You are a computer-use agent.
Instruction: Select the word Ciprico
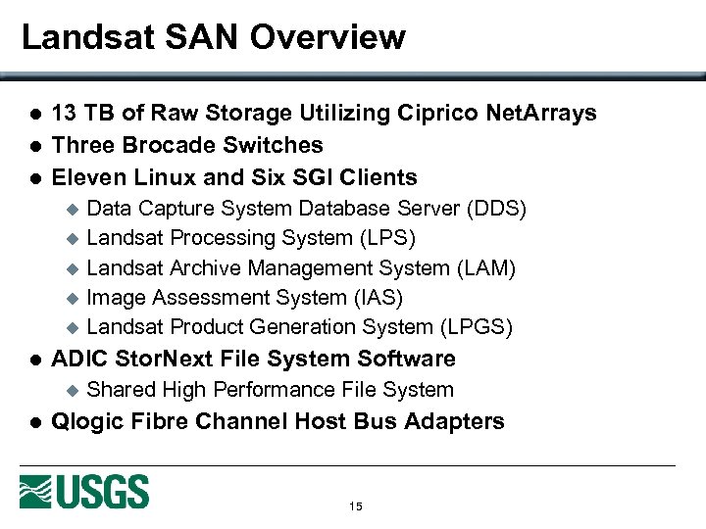tap(438, 114)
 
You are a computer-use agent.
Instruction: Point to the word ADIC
tap(77, 359)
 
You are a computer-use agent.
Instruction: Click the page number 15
tap(355, 506)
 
